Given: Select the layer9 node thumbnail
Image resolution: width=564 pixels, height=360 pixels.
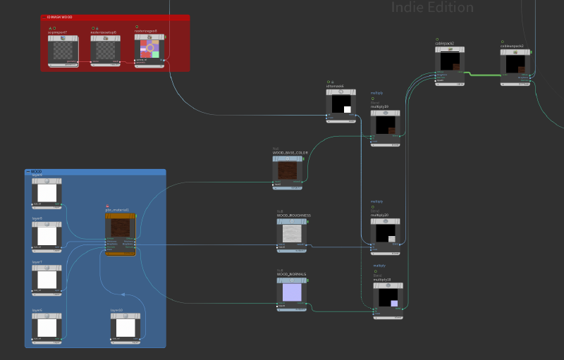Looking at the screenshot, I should [47, 192].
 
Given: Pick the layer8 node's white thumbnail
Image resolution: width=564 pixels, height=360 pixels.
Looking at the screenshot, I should [47, 236].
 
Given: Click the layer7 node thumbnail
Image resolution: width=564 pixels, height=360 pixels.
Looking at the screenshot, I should [47, 280].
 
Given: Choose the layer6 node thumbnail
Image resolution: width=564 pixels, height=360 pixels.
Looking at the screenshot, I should [47, 328].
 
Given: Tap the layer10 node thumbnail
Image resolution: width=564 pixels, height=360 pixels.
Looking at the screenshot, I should [126, 328].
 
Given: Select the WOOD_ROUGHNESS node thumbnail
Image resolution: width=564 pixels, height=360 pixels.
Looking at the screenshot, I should [292, 233].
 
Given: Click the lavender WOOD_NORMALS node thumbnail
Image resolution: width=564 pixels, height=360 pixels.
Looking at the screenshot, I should [291, 291].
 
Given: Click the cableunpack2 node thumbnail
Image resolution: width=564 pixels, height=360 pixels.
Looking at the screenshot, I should [515, 64].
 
